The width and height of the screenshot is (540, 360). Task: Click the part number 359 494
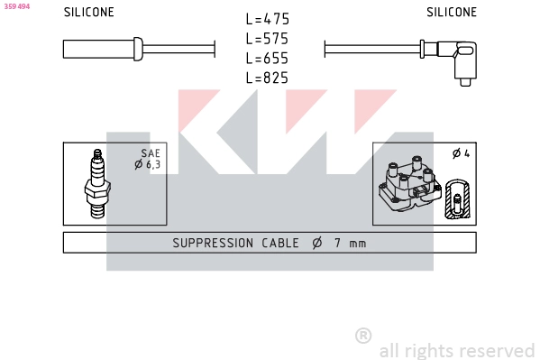[x=17, y=5]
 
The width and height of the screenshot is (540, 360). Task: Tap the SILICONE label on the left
[x=88, y=13]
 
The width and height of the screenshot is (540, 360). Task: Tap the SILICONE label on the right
[x=451, y=13]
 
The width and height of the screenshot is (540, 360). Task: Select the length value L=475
[x=267, y=19]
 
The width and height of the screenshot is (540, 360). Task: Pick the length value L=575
[x=267, y=39]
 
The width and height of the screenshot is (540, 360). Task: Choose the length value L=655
[x=267, y=59]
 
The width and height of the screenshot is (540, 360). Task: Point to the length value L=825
[x=267, y=78]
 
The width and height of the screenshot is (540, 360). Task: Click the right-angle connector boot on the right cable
[x=464, y=60]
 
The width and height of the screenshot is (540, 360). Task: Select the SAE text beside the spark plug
[x=150, y=154]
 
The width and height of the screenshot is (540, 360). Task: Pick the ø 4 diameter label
[x=461, y=154]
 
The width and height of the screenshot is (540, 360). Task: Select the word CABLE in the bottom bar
[x=279, y=243]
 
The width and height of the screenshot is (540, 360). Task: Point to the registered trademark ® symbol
[x=362, y=336]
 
